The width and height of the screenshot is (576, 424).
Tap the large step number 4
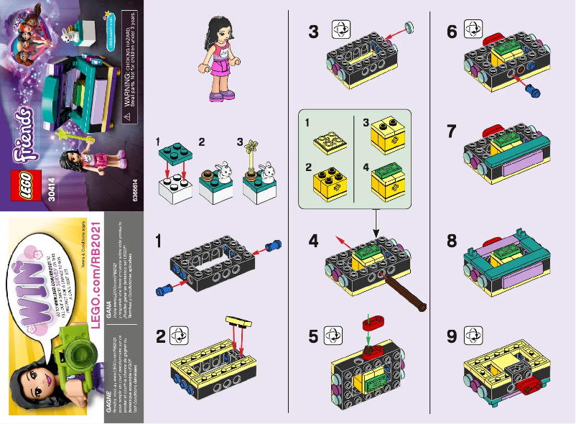click(x=313, y=241)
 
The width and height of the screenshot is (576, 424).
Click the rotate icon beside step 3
click(x=339, y=30)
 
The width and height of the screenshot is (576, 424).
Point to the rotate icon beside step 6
click(x=474, y=30)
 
